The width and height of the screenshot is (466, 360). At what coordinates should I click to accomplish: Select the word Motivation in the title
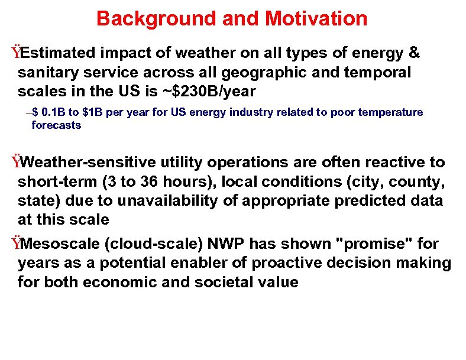[x=316, y=19]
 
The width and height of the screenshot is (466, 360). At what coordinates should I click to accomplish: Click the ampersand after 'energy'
[x=414, y=53]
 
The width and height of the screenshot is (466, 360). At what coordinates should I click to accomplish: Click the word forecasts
[x=56, y=125]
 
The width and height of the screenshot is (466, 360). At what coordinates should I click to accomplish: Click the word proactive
[x=300, y=263]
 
